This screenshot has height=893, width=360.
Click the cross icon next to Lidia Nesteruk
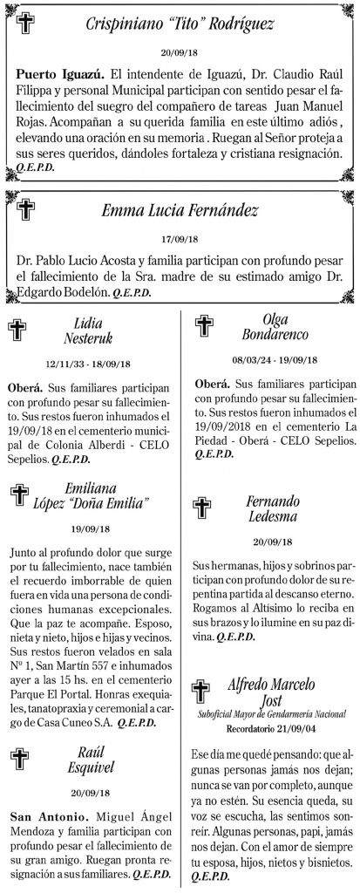coord(17,329)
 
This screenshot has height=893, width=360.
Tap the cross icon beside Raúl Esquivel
coord(17,757)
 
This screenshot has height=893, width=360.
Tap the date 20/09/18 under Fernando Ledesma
coord(275,541)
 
